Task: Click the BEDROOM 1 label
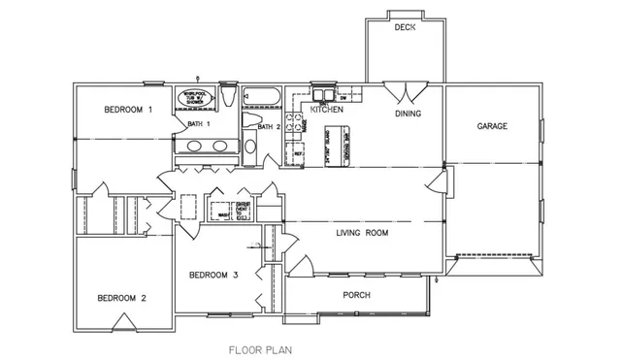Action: click(129, 111)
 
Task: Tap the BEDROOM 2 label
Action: click(121, 298)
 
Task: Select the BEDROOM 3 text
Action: click(213, 275)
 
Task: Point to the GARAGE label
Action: click(494, 126)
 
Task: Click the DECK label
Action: click(405, 28)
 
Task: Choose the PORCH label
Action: click(358, 294)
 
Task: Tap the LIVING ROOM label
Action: click(362, 233)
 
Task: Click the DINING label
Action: click(408, 114)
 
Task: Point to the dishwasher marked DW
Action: click(344, 98)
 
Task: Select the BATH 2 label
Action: click(269, 126)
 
